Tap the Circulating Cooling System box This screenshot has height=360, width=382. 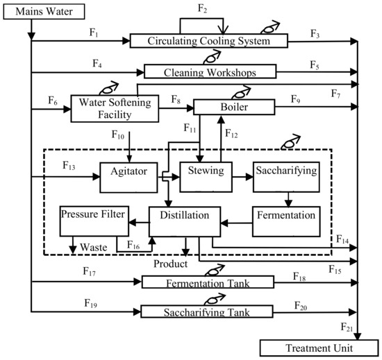(x=208, y=42)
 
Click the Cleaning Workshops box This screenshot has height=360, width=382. (x=210, y=71)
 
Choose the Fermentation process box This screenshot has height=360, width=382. (x=285, y=216)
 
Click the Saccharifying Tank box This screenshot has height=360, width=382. (x=206, y=311)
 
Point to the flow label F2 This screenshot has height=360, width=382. (x=202, y=8)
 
